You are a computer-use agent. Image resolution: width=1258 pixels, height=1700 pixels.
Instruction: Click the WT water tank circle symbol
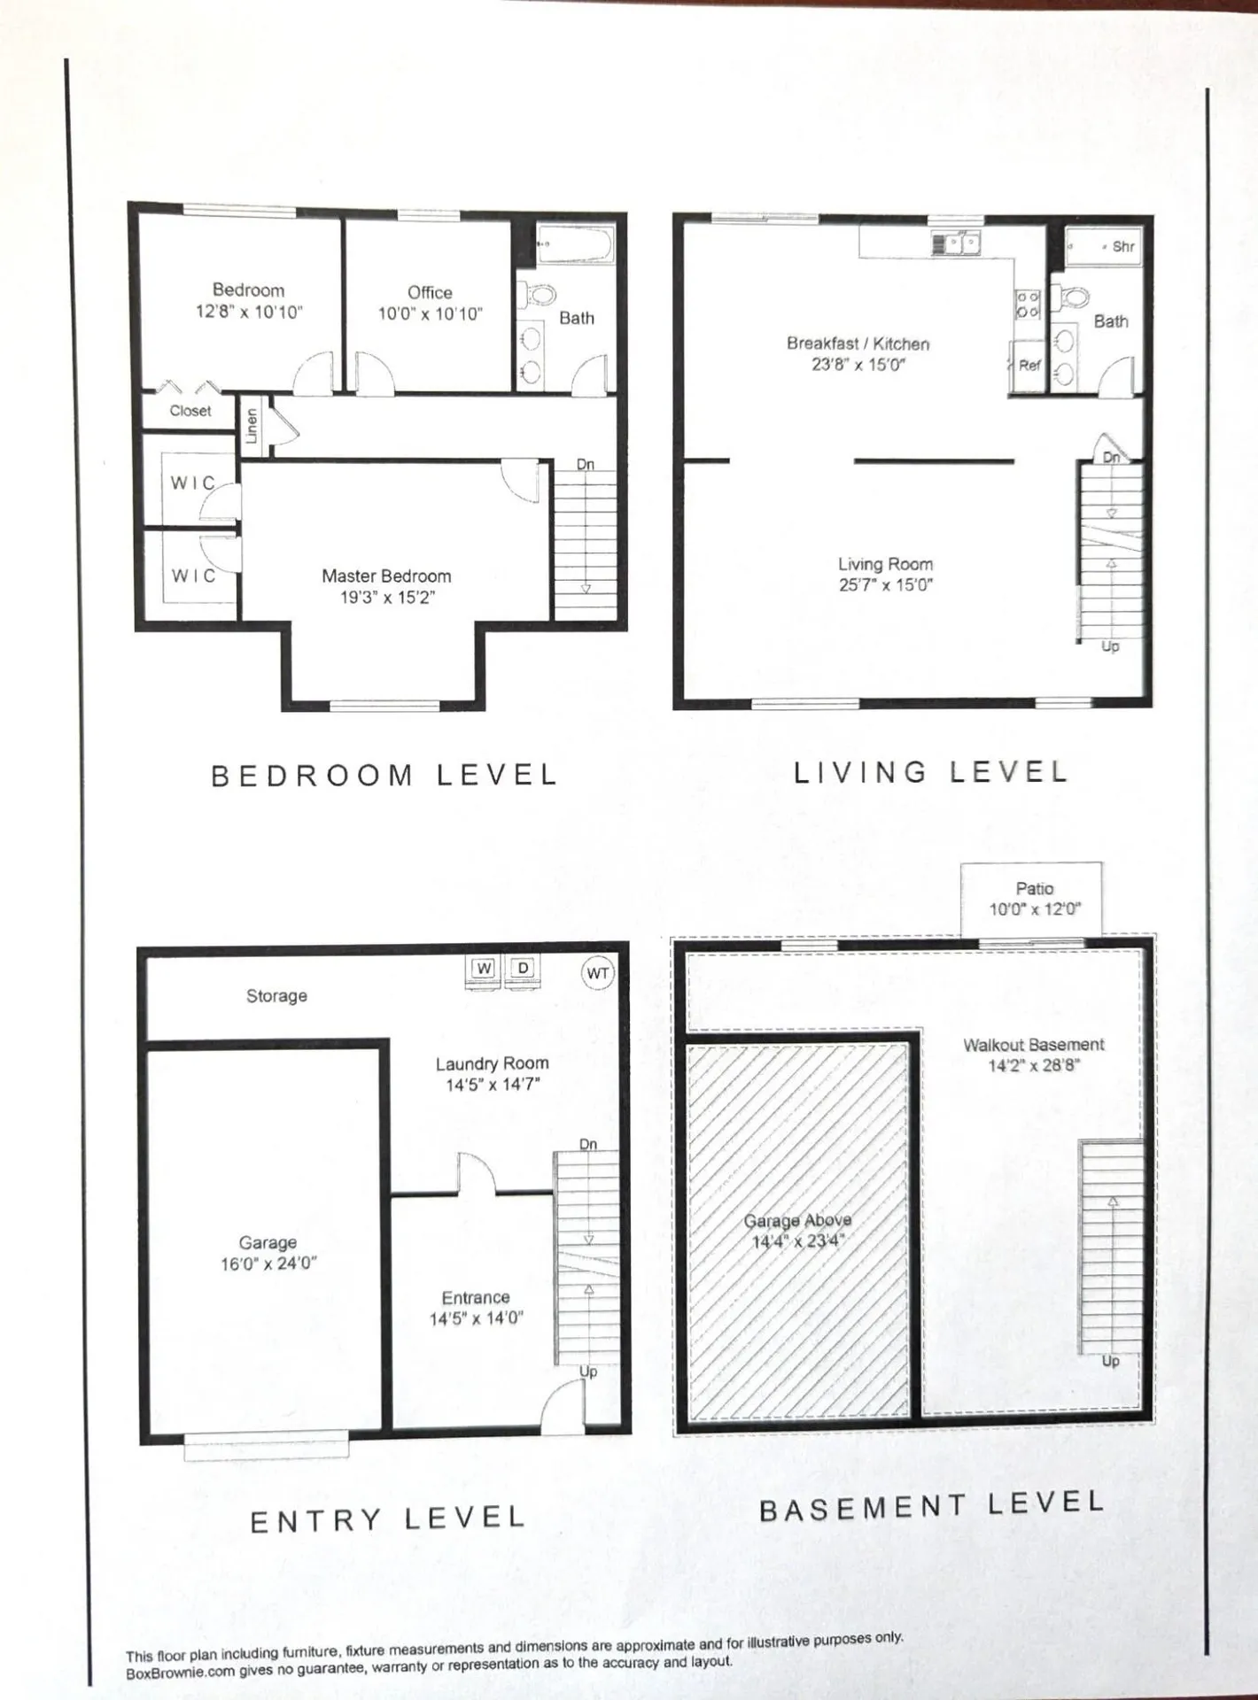click(598, 973)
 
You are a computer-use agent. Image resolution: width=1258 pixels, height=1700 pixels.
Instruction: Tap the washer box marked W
click(484, 968)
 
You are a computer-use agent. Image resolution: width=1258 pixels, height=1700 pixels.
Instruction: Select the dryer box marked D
click(524, 968)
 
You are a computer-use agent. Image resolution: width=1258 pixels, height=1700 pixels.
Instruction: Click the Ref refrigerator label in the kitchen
click(1029, 365)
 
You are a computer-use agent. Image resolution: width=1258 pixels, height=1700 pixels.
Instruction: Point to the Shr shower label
click(1122, 247)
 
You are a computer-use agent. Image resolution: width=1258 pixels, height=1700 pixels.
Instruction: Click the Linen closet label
click(252, 426)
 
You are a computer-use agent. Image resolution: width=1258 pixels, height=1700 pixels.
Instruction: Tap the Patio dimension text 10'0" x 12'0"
click(1035, 909)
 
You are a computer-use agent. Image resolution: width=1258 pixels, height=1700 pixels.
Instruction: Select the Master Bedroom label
click(386, 576)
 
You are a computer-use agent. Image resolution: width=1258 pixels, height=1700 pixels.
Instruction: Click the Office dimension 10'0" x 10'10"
click(430, 313)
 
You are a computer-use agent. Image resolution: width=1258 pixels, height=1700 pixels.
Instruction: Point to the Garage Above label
click(797, 1220)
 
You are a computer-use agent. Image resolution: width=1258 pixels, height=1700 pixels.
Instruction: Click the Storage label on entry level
click(276, 995)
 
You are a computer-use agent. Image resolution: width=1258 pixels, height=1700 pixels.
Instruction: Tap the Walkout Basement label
click(1034, 1045)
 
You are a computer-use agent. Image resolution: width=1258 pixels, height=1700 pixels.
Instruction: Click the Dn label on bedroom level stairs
click(586, 464)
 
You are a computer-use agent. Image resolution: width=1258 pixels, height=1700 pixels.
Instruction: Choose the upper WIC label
click(193, 483)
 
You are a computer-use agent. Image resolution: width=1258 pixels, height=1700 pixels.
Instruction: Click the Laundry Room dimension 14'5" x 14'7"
click(493, 1085)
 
